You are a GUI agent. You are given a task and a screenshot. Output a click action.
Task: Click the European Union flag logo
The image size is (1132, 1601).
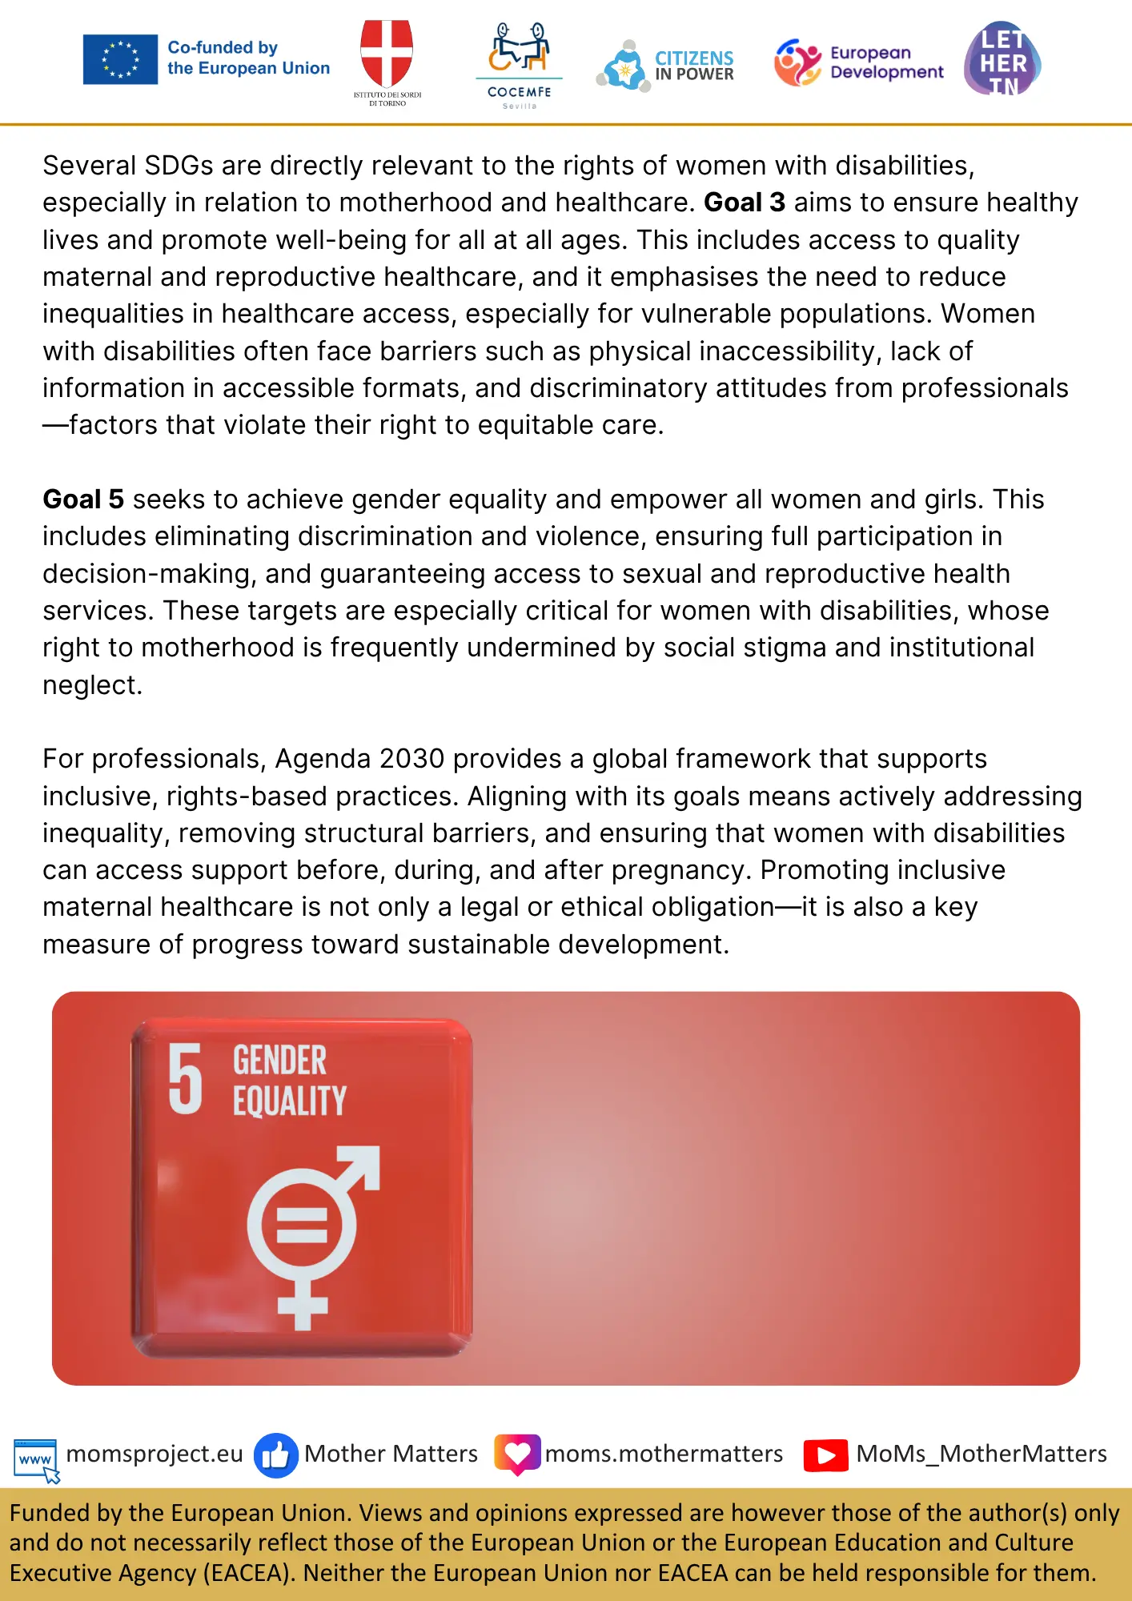(120, 59)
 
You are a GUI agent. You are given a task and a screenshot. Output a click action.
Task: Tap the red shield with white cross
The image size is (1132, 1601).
(387, 53)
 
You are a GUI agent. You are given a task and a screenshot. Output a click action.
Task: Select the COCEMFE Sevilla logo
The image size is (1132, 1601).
(519, 64)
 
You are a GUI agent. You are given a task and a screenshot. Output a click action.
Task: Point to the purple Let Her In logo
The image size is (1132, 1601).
(1002, 60)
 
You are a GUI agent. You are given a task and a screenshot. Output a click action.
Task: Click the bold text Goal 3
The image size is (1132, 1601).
(744, 203)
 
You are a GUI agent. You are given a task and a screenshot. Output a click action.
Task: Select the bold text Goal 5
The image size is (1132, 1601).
(83, 500)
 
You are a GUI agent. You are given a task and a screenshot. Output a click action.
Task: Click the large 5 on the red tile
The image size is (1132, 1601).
(186, 1079)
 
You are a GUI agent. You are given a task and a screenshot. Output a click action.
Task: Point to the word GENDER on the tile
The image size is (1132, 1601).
(279, 1061)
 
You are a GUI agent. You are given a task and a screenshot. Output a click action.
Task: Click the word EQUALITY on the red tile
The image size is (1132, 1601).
(290, 1101)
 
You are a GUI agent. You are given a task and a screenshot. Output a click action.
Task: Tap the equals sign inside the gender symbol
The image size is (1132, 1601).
(301, 1225)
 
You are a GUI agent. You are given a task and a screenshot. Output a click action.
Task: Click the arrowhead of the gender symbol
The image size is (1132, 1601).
(363, 1164)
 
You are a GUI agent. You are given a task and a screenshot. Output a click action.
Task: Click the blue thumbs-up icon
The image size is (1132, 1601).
(275, 1455)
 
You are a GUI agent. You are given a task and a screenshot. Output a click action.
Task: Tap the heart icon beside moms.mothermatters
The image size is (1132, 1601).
(517, 1454)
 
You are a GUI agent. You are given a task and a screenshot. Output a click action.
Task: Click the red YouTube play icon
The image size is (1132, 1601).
(825, 1455)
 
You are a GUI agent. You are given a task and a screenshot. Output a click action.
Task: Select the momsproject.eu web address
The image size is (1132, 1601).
(155, 1454)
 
